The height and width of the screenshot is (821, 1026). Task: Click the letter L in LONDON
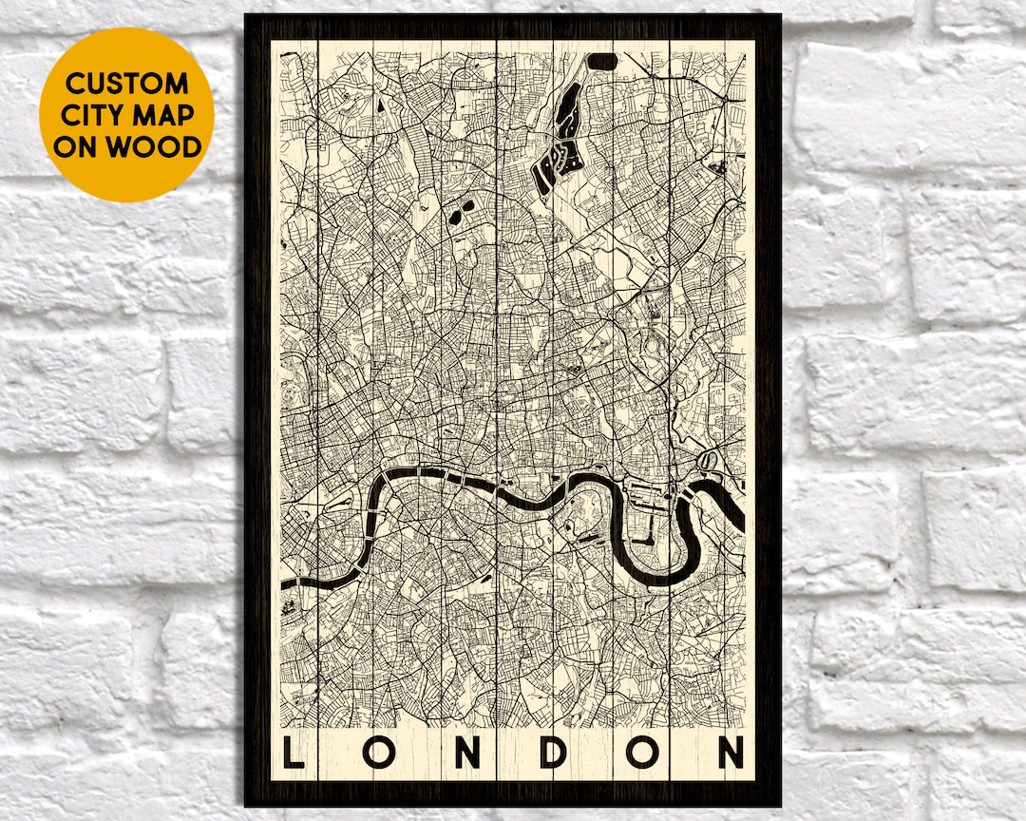click(x=294, y=753)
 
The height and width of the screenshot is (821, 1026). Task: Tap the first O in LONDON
click(x=382, y=753)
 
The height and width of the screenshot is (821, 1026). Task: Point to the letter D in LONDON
click(x=555, y=753)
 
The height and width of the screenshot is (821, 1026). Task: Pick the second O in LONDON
click(x=641, y=753)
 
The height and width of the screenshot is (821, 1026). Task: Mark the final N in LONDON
click(x=730, y=753)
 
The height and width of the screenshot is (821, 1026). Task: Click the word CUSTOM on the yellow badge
click(x=126, y=83)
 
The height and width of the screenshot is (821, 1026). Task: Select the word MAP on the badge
click(x=162, y=115)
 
